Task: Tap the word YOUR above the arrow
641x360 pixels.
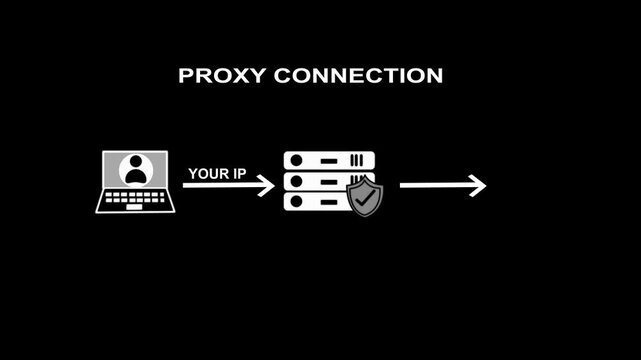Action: point(208,173)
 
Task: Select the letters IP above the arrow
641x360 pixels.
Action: point(239,173)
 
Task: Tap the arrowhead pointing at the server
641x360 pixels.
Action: point(267,185)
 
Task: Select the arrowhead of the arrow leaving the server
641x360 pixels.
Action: point(478,185)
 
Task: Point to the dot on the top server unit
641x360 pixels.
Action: point(295,161)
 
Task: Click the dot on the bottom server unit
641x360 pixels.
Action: point(295,201)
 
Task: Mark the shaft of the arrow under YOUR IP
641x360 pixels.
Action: point(220,185)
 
